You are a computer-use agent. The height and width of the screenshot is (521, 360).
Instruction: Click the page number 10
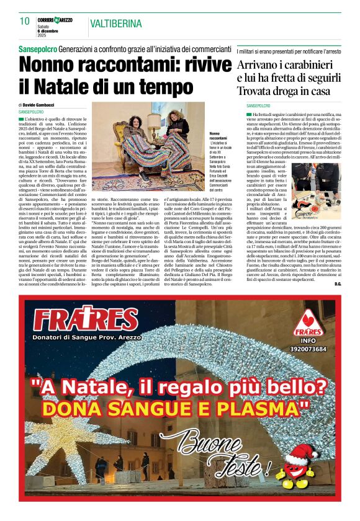[x=25, y=22]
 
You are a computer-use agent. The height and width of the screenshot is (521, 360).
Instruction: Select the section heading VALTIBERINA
[x=115, y=24]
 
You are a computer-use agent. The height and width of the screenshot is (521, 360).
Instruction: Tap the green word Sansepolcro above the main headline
[x=37, y=48]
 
